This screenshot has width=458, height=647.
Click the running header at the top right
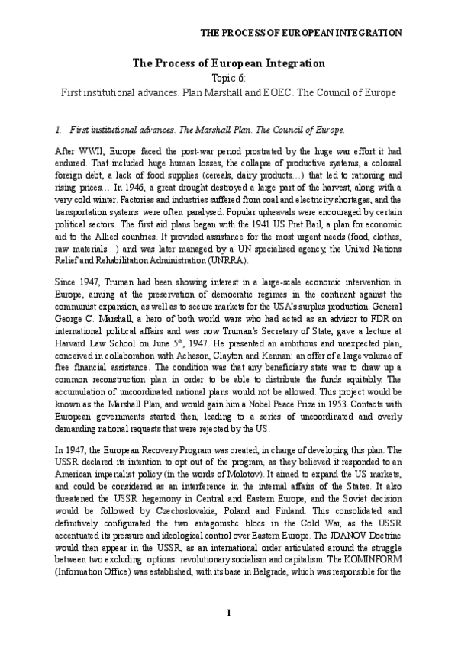pyautogui.click(x=302, y=34)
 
